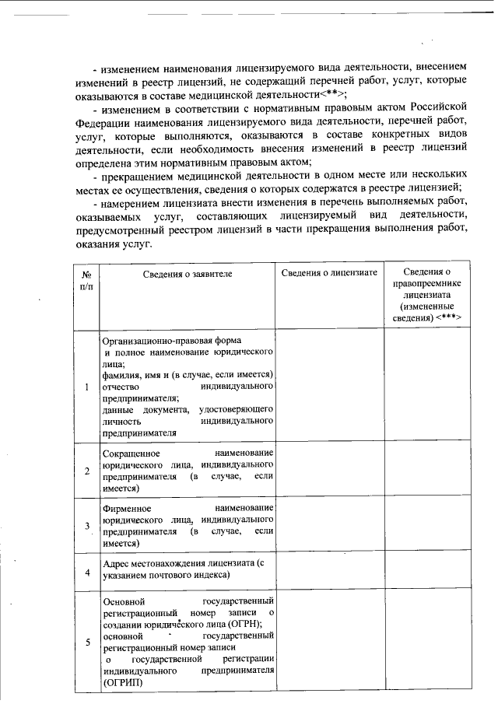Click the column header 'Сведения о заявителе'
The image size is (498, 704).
click(187, 273)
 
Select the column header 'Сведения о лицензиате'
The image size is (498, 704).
click(329, 273)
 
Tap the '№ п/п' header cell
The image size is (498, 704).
click(86, 280)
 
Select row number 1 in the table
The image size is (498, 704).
click(87, 387)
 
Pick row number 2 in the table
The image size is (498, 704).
click(87, 471)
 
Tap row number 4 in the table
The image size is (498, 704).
click(87, 573)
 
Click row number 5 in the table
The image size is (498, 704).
click(87, 642)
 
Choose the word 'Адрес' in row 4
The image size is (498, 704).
click(117, 562)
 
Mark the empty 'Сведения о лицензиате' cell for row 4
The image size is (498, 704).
click(329, 573)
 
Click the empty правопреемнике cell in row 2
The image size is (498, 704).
click(426, 471)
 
